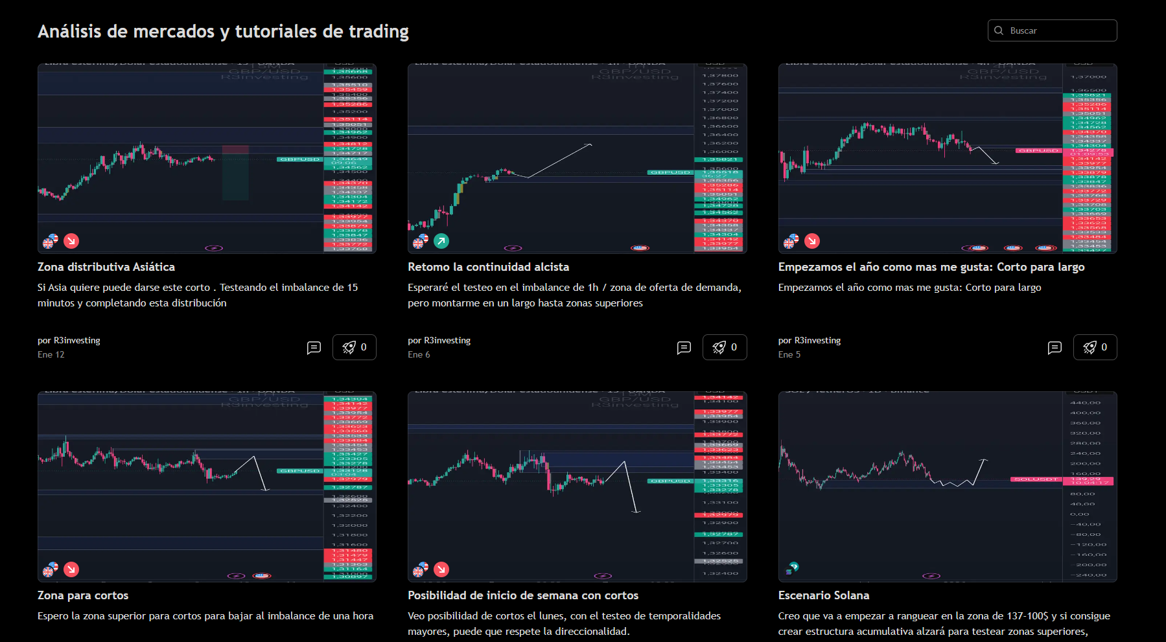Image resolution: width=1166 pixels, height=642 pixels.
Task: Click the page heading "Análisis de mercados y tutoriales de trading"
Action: coord(223,31)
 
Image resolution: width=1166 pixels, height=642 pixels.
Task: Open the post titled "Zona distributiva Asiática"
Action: coord(106,267)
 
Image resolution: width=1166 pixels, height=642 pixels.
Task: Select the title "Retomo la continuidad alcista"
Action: coord(488,267)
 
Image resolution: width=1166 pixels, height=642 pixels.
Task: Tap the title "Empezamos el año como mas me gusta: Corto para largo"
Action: coord(931,267)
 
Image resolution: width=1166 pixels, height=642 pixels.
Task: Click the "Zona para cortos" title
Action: coord(83,595)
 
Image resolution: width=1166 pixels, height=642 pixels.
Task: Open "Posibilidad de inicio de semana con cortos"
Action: coord(522,595)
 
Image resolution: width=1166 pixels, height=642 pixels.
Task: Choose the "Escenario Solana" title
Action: coord(823,595)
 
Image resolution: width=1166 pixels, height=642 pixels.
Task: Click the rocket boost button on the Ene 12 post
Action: coord(355,347)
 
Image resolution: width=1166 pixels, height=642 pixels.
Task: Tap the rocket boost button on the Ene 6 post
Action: coord(725,347)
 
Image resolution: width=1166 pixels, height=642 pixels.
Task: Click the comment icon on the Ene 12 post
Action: coord(314,348)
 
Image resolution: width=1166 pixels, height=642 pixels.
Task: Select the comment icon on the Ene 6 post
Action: coord(684,348)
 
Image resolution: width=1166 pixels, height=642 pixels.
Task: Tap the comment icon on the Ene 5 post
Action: coord(1055,348)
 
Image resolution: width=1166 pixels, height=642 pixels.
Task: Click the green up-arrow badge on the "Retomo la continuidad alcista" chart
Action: coord(441,241)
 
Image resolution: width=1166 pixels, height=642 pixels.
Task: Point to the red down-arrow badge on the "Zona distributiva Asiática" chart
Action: coord(71,241)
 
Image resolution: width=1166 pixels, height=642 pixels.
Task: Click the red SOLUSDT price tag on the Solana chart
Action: coord(1035,479)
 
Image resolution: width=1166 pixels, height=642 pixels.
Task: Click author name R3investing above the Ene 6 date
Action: coord(447,340)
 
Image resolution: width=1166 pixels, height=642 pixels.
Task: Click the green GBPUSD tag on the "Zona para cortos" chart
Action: coord(299,471)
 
